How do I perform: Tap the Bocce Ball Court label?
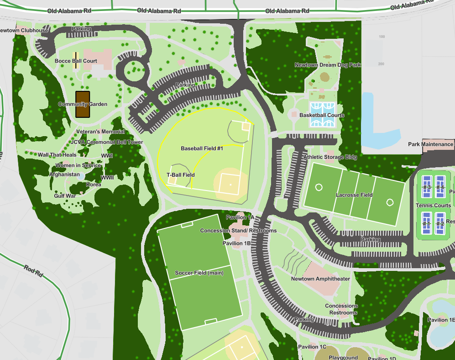point(76,61)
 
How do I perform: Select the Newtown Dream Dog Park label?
point(328,65)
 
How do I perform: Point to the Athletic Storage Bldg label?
point(331,157)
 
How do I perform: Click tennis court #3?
point(427,186)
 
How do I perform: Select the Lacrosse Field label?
point(354,195)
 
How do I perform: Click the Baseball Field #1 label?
point(202,148)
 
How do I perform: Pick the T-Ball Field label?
point(181,175)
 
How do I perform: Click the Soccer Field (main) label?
point(199,273)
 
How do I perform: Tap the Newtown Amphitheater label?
point(320,279)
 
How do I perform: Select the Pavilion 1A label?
point(240,218)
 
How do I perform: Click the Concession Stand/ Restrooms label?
point(238,231)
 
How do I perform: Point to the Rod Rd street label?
point(33,272)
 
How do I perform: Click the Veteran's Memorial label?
point(100,132)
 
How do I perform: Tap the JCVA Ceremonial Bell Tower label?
point(107,142)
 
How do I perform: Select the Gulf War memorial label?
point(65,196)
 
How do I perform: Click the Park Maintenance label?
point(430,144)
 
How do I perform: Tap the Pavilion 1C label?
point(312,347)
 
